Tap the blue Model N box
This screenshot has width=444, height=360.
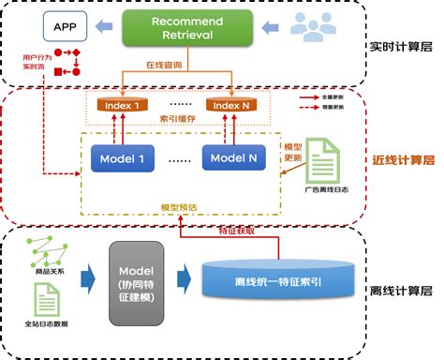(x=232, y=158)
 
